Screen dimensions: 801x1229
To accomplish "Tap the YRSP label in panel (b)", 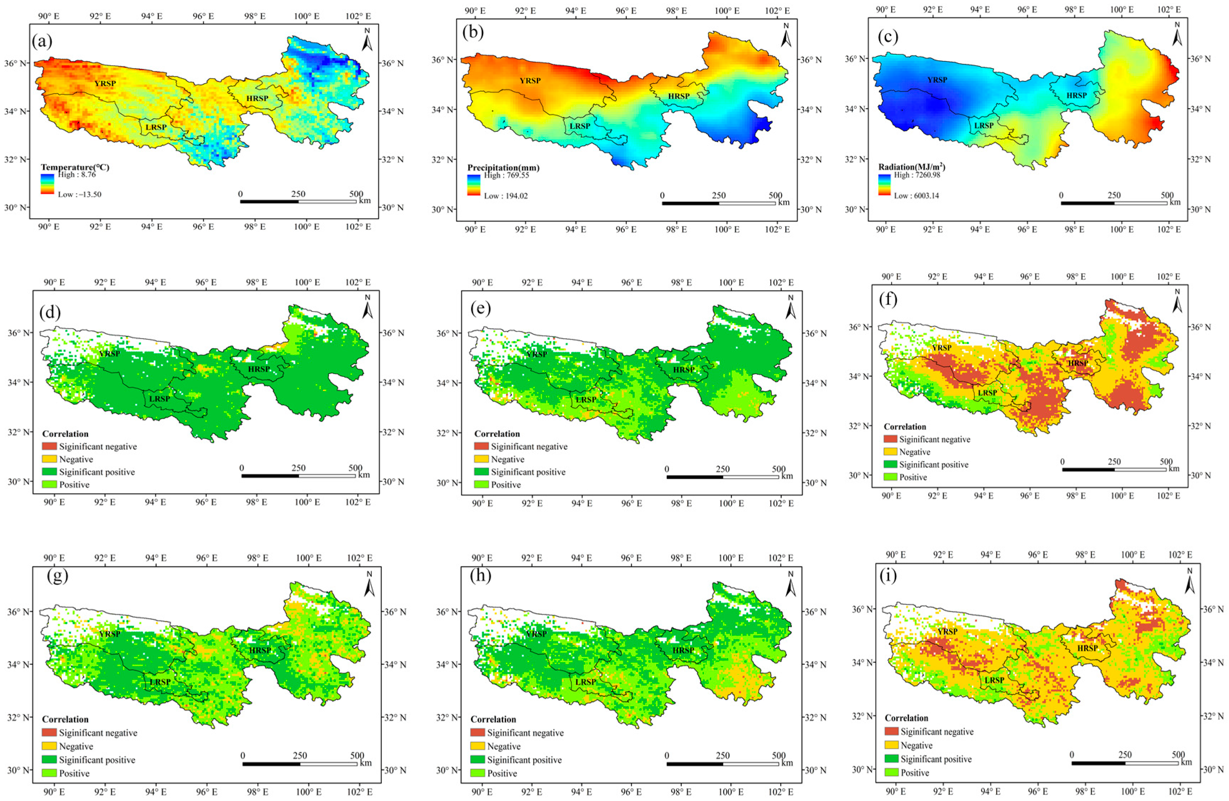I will (x=530, y=81).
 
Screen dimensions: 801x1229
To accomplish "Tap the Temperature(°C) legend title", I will (x=75, y=167).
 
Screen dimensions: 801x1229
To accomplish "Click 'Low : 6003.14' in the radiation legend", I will (x=916, y=196).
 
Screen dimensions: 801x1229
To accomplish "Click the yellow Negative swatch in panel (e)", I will (x=481, y=459).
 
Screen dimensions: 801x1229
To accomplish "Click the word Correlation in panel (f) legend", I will (x=904, y=427).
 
